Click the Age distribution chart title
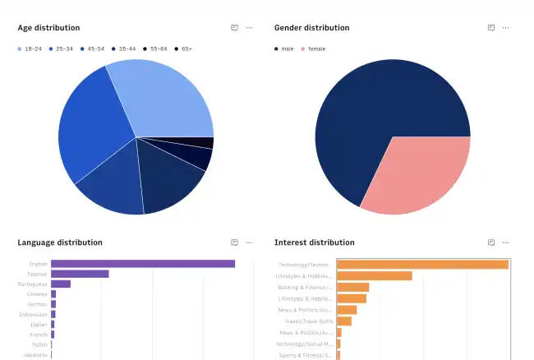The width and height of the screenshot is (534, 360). point(48,27)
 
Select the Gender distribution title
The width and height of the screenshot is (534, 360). point(311,27)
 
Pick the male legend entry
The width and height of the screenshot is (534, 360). point(283,48)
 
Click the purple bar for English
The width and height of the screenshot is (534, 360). point(143,264)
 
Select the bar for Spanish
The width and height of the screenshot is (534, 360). point(80,274)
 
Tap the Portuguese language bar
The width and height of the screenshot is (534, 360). point(61,284)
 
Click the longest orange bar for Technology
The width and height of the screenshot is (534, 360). point(422,265)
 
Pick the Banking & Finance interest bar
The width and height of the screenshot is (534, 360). point(352,288)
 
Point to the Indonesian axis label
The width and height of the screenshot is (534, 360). point(34,314)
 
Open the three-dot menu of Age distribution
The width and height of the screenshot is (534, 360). point(249,27)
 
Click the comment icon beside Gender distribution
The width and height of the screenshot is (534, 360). point(491,27)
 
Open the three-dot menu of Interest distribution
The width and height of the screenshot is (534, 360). point(505,242)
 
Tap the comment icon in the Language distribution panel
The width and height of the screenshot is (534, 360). point(234,242)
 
